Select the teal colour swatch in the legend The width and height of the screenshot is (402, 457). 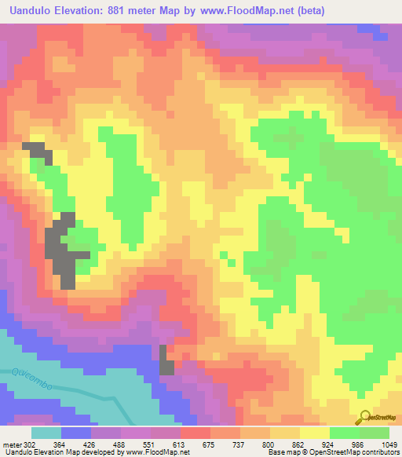click(46, 433)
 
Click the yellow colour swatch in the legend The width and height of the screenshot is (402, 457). click(314, 433)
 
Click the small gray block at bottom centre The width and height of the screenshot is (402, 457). click(166, 361)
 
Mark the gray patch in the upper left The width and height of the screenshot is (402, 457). click(37, 152)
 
